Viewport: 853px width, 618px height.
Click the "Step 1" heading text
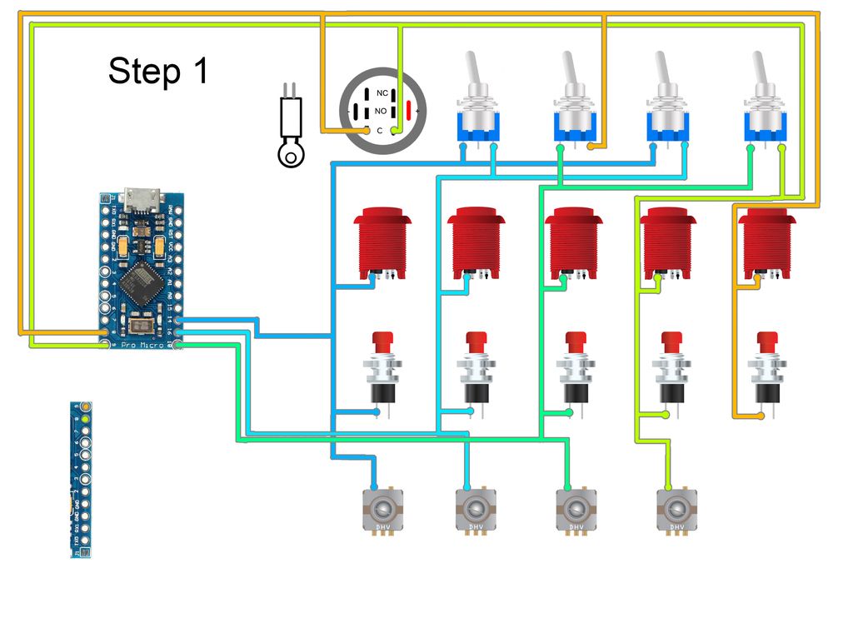tap(158, 72)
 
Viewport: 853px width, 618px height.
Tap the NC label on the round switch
tap(382, 92)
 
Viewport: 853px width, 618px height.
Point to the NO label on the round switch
tap(381, 111)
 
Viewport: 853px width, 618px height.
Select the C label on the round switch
tap(380, 130)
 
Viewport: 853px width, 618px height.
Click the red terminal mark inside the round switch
tap(408, 110)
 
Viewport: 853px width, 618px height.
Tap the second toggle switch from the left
tap(574, 100)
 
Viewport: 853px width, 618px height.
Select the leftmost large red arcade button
tap(382, 242)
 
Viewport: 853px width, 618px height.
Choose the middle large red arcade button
tap(573, 242)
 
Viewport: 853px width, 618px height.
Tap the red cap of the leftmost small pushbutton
tap(382, 341)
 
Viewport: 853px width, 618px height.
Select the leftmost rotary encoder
tap(382, 510)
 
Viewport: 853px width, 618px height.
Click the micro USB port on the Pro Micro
tap(142, 199)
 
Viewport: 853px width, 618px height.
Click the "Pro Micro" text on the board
tap(141, 344)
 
